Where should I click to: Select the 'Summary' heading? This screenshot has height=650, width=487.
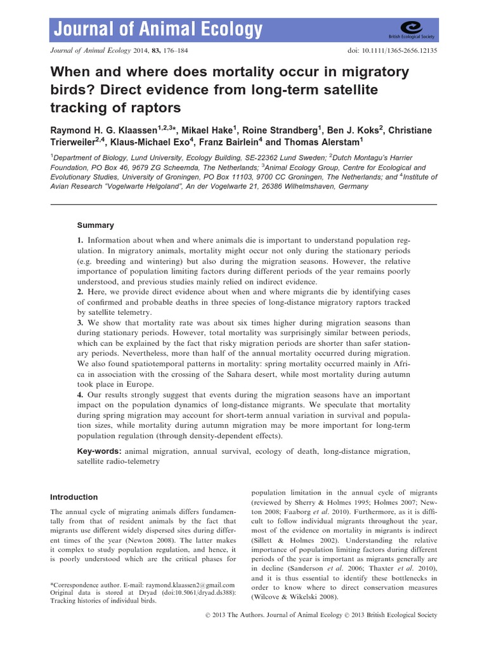pyautogui.click(x=95, y=225)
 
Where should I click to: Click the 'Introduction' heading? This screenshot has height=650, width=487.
pyautogui.click(x=74, y=497)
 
